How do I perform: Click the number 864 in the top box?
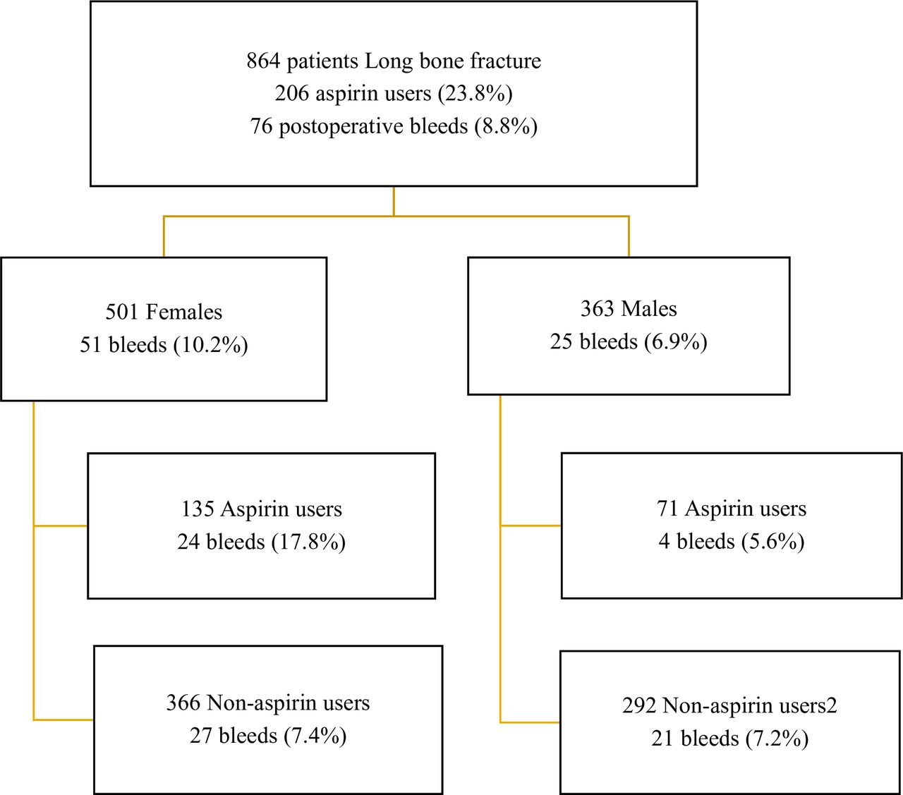coord(263,61)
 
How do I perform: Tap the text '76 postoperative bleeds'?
coord(358,126)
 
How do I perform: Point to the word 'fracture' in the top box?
coord(506,61)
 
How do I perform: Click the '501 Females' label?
coord(164,312)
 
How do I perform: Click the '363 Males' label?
coord(629,309)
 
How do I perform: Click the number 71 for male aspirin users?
coord(667,509)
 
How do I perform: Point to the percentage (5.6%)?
coord(773,542)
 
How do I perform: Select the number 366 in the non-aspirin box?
coord(183,703)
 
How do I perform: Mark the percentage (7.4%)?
coord(315,736)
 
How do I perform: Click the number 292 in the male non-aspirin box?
coord(639,706)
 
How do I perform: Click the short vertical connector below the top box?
coord(394,201)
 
